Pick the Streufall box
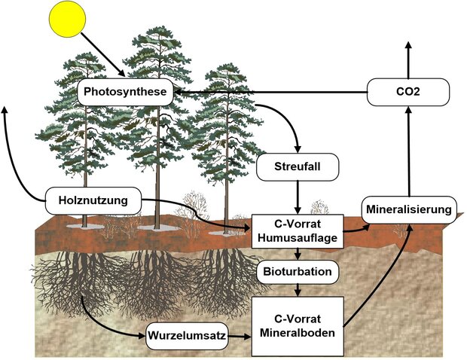click(298, 167)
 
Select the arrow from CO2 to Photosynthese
click(271, 93)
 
